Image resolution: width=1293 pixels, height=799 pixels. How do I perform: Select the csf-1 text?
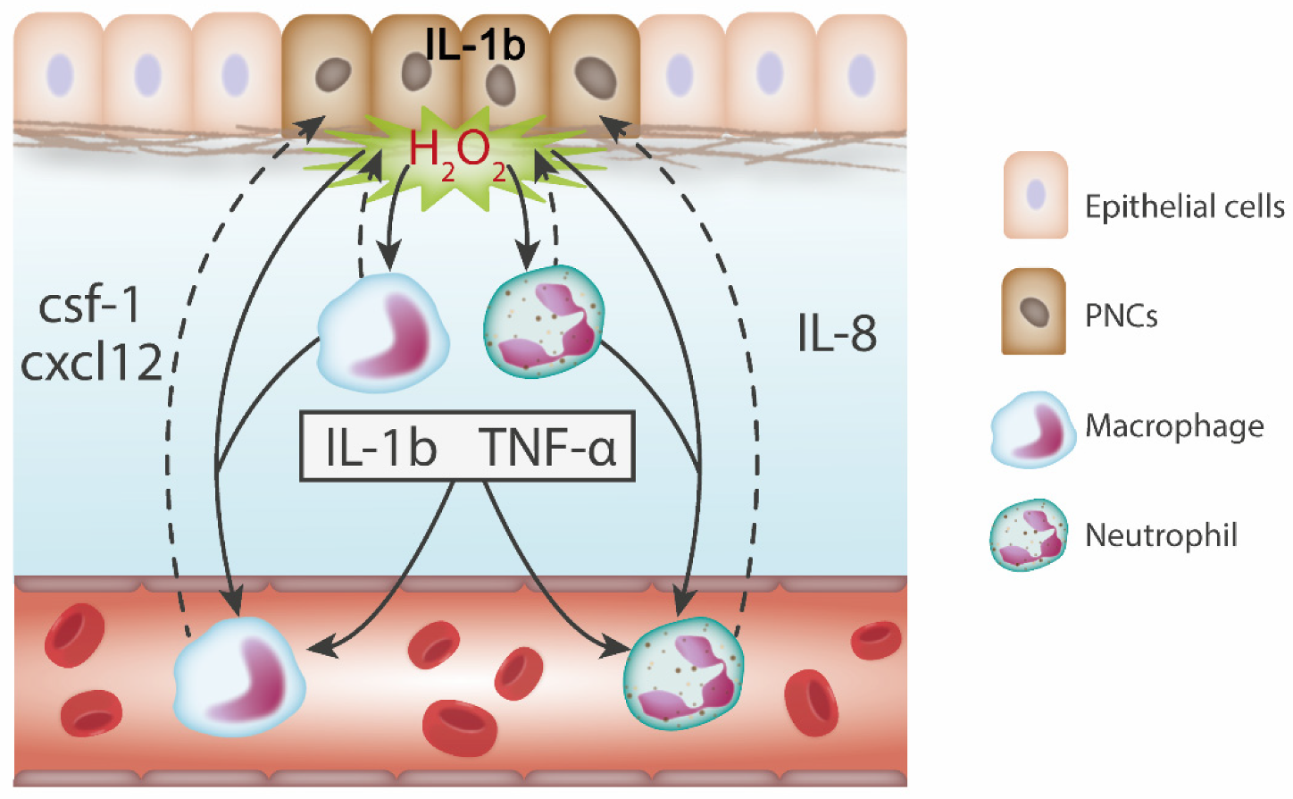(x=90, y=305)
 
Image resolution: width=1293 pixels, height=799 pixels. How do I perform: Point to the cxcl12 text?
(x=91, y=363)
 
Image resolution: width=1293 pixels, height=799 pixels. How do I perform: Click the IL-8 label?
(x=837, y=333)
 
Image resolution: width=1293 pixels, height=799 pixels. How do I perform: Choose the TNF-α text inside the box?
(x=547, y=447)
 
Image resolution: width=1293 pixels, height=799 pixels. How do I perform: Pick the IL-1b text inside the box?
(x=381, y=447)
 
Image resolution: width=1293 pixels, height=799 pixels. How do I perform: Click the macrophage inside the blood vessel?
(x=239, y=676)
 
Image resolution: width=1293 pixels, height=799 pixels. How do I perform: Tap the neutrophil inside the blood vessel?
(x=683, y=673)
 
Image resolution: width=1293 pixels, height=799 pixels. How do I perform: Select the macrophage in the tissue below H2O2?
(x=384, y=333)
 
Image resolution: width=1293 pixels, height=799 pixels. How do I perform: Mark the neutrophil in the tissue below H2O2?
(x=543, y=321)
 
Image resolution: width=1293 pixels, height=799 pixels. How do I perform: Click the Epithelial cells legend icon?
(x=1035, y=195)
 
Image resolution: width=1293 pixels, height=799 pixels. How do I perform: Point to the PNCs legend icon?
(x=1034, y=312)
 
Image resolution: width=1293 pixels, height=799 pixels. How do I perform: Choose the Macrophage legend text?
(x=1174, y=426)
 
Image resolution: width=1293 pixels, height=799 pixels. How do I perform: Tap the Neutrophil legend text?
(x=1161, y=535)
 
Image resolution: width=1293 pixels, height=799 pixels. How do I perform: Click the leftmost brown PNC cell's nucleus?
(x=333, y=74)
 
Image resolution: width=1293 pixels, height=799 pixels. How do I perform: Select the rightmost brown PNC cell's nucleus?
(x=595, y=77)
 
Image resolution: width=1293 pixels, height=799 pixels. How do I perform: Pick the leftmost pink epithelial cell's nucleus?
(x=60, y=74)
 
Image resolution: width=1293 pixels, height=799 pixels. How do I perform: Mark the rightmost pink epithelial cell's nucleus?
(x=861, y=75)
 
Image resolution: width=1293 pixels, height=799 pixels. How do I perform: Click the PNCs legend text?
(x=1121, y=315)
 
